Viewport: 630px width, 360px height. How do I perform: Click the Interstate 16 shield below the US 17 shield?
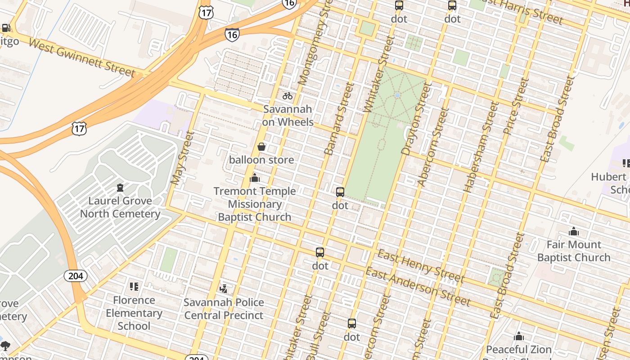(x=232, y=34)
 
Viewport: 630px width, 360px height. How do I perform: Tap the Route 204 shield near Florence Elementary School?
(x=76, y=275)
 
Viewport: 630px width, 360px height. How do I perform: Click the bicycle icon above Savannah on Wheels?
(x=288, y=95)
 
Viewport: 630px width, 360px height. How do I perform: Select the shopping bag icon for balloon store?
(x=261, y=147)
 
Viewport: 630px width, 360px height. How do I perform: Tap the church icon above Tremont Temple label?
(x=255, y=178)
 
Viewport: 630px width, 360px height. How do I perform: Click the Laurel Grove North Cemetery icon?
(x=120, y=187)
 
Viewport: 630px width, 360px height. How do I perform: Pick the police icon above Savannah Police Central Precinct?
(x=224, y=288)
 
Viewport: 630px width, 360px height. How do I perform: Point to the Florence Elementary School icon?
(x=134, y=286)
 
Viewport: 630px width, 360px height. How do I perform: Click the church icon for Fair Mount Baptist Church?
(x=574, y=232)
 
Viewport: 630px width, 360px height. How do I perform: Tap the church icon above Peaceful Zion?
(x=519, y=336)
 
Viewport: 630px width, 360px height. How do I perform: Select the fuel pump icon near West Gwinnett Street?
(x=6, y=28)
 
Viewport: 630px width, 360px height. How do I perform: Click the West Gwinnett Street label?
(x=82, y=58)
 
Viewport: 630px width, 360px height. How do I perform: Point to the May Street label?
(x=182, y=158)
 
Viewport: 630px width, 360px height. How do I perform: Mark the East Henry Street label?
(x=420, y=265)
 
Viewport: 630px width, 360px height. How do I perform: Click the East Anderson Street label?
(x=418, y=286)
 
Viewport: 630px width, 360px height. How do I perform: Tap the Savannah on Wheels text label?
(x=288, y=116)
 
